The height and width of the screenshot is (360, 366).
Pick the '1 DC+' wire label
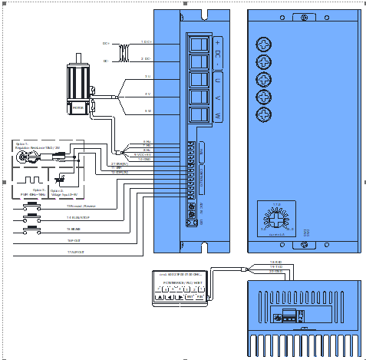click(145, 41)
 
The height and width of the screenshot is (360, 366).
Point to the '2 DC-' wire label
click(145, 58)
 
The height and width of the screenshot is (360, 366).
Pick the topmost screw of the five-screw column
click(264, 44)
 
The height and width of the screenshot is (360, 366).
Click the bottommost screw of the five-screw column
click(264, 114)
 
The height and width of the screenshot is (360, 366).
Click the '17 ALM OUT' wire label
click(74, 252)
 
